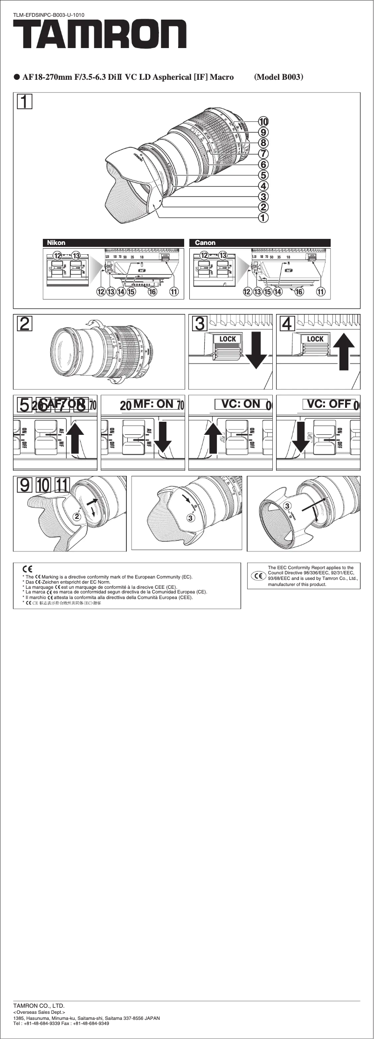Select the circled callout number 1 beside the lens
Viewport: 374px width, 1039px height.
264,217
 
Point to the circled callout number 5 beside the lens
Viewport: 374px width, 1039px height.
264,175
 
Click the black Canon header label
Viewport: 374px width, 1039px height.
205,243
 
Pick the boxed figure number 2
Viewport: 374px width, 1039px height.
25,324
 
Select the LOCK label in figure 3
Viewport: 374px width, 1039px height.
228,339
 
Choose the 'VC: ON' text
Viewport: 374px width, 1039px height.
241,404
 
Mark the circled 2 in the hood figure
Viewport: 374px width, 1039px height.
77,516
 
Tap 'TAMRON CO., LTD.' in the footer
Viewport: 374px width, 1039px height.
39,1005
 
